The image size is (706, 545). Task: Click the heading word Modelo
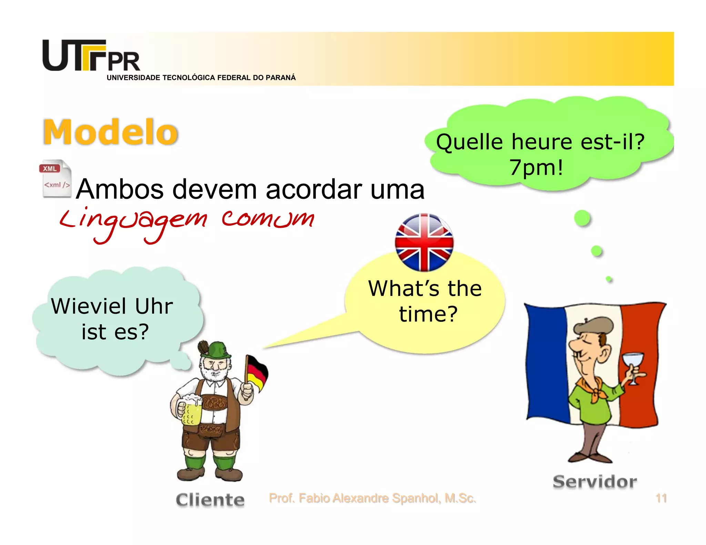coord(110,132)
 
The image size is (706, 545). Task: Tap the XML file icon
coord(56,178)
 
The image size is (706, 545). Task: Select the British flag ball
coord(424,242)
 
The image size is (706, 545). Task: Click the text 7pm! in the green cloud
coord(536,168)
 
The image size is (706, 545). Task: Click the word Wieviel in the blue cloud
coord(89,306)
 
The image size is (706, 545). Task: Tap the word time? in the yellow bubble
coord(428,314)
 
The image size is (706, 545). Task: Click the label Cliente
coord(210,500)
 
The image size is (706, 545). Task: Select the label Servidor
coord(595,482)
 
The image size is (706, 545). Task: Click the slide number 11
coord(661,498)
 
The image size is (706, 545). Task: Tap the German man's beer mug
coord(190,410)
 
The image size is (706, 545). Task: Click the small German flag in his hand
coord(257,372)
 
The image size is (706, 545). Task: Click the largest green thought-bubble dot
coord(582,218)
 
